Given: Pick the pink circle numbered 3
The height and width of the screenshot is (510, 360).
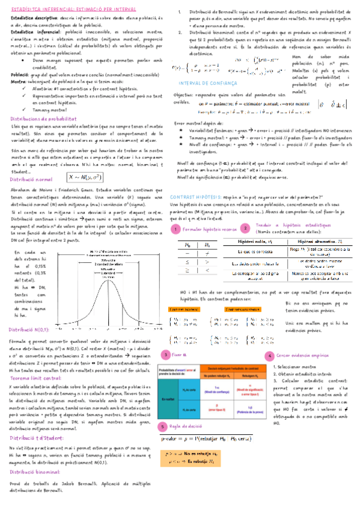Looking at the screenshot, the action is click(164, 356).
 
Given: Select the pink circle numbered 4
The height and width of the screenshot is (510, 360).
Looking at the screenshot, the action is click(271, 356).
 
